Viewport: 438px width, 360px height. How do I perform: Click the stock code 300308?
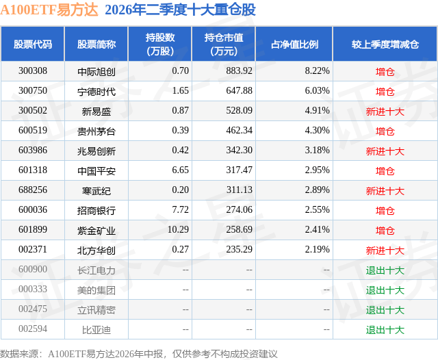[x=33, y=71]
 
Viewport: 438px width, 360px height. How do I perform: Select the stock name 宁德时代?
[x=96, y=91]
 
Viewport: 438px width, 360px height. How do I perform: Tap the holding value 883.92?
[x=239, y=71]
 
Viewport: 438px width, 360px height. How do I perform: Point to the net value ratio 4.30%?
[x=317, y=131]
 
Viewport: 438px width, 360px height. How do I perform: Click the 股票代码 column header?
[x=33, y=44]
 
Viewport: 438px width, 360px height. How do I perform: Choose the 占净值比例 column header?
[x=294, y=44]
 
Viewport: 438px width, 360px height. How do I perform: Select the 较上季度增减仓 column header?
[x=385, y=44]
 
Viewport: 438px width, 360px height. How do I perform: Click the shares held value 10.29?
[x=178, y=229]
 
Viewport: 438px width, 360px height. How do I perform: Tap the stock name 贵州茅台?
[x=96, y=131]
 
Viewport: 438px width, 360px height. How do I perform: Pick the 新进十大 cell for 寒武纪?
[x=385, y=191]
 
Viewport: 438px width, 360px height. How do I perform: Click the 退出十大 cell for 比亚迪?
[x=385, y=330]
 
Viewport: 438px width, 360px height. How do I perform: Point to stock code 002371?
[x=33, y=249]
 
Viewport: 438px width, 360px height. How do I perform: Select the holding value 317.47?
[x=239, y=170]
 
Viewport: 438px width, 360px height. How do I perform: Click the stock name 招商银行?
[x=96, y=210]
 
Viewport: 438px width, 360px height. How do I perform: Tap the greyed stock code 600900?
[x=33, y=269]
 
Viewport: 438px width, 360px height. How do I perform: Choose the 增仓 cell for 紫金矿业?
[x=385, y=231]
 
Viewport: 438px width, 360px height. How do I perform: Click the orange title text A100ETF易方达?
[x=49, y=10]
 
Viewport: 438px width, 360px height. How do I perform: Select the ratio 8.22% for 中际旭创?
[x=317, y=71]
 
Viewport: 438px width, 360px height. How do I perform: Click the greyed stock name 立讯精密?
[x=96, y=310]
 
